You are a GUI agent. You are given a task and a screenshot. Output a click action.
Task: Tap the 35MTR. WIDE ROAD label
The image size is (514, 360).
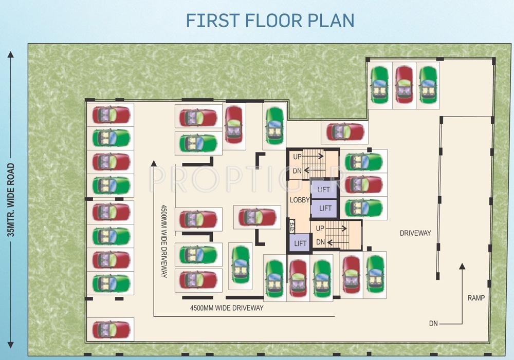(x=10, y=200)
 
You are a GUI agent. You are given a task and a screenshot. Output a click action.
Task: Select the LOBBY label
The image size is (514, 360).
(x=299, y=200)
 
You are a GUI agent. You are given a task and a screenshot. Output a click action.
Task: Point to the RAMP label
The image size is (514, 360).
(x=476, y=297)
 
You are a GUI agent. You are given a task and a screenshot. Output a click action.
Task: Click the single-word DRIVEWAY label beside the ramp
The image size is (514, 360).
(x=415, y=233)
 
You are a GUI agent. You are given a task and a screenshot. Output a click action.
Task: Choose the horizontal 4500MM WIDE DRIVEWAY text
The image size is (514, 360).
(x=227, y=308)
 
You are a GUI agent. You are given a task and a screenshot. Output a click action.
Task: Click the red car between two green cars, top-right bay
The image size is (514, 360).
(x=404, y=85)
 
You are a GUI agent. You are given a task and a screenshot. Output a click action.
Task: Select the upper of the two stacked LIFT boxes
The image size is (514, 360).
(x=324, y=190)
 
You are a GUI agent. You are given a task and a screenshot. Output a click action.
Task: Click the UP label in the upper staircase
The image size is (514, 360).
(x=298, y=156)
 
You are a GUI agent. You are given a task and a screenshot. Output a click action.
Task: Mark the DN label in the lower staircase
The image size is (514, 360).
(x=320, y=242)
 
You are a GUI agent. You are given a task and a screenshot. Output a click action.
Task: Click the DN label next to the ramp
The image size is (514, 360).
(x=434, y=324)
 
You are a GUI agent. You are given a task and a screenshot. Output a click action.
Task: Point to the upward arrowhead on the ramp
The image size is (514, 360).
(x=462, y=266)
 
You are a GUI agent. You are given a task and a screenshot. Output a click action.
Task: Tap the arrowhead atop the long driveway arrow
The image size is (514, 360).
(x=153, y=163)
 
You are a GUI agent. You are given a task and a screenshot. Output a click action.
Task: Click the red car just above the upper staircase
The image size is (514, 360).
(x=345, y=132)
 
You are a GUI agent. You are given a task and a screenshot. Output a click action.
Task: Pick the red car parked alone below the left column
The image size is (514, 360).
(x=111, y=329)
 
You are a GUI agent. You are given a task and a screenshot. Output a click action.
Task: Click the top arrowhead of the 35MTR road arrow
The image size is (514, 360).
(x=10, y=53)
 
